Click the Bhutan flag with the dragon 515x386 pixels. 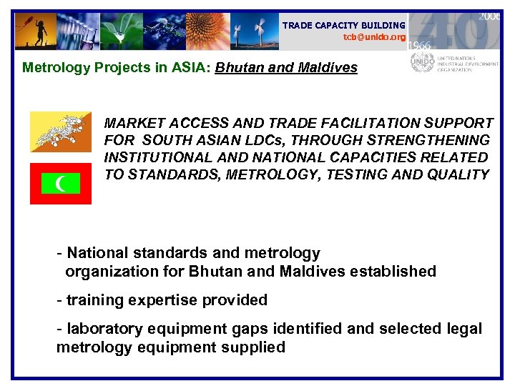coord(61,132)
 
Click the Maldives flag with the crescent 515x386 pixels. coord(61,184)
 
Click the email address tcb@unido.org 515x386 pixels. coord(374,36)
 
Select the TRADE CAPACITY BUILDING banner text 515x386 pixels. coord(344,25)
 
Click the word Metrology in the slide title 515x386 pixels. coord(51,69)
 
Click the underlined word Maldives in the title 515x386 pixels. coord(323,69)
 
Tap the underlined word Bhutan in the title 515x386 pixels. coord(239,69)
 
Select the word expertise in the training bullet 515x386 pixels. coord(162,300)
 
